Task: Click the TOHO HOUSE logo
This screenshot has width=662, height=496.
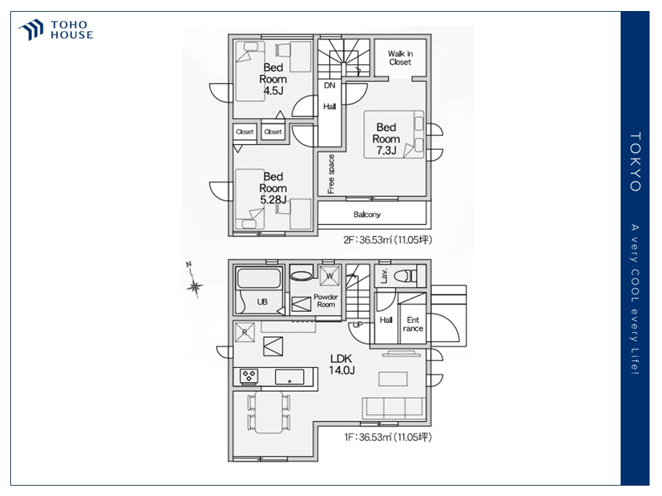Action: tap(56, 30)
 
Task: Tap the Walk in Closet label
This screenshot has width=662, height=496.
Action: tap(400, 58)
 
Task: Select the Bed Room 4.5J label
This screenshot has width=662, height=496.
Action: tap(273, 79)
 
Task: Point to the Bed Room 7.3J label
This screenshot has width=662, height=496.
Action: tap(386, 138)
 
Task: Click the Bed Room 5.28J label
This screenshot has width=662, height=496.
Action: tap(273, 188)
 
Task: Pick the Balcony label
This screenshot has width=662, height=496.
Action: tap(367, 214)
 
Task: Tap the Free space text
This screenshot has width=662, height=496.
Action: tap(331, 174)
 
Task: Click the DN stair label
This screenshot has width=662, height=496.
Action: tap(330, 85)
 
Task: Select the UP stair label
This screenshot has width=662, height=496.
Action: tap(357, 324)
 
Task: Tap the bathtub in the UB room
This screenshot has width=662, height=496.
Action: tap(259, 278)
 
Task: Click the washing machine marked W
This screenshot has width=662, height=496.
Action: tap(330, 276)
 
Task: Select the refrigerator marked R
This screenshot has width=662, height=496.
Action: tap(245, 332)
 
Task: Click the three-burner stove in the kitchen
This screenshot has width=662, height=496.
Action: tap(249, 376)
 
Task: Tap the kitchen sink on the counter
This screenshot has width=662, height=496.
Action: tap(290, 377)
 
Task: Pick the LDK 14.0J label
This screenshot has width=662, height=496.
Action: tap(341, 364)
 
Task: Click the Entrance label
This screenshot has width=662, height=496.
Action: tap(413, 324)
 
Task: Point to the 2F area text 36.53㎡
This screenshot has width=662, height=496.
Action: tap(375, 240)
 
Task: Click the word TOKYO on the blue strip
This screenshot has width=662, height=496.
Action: tap(635, 162)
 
